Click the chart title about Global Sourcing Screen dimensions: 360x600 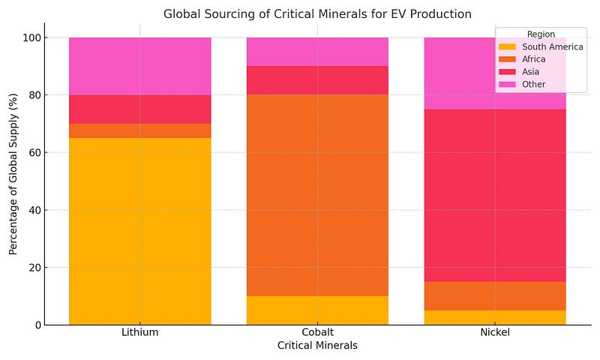[x=317, y=13]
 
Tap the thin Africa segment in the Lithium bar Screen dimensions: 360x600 [x=139, y=130]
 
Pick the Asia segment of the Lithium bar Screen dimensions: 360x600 [x=139, y=109]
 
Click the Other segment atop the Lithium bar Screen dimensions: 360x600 [x=139, y=66]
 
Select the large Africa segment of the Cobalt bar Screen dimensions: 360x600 [x=317, y=195]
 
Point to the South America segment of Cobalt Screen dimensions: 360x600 [x=317, y=310]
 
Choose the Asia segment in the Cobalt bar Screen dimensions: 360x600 [x=317, y=80]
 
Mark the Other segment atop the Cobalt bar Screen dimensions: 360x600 [x=317, y=52]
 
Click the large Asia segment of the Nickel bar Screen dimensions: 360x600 [x=495, y=195]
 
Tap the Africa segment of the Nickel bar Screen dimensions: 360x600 [x=495, y=296]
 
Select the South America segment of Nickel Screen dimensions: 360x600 [x=495, y=318]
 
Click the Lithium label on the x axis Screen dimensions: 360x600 [x=139, y=332]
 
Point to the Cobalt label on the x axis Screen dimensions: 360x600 [x=317, y=332]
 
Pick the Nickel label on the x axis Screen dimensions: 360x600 [x=495, y=332]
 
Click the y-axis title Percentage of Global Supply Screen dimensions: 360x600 [x=13, y=181]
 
